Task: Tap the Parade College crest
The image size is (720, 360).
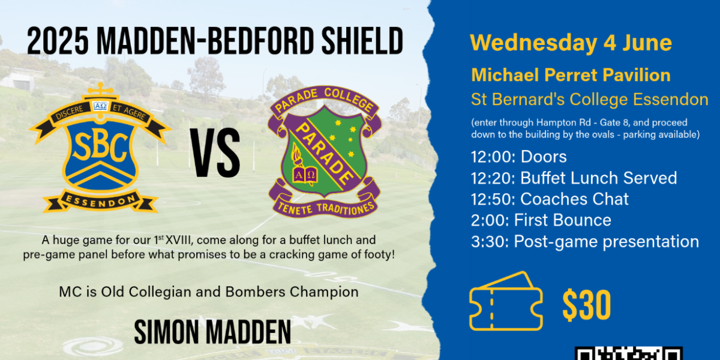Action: click(325, 152)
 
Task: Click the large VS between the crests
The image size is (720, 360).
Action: click(215, 152)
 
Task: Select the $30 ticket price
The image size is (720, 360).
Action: click(586, 305)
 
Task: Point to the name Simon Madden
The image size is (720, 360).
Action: click(212, 332)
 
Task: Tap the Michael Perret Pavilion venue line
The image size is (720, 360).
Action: click(571, 76)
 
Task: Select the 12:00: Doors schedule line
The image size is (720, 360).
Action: click(519, 157)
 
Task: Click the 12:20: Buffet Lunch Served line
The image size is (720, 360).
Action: click(574, 178)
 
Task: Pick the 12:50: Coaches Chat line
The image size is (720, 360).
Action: click(550, 199)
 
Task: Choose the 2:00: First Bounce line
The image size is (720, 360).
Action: click(541, 221)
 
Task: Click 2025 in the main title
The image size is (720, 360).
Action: click(58, 41)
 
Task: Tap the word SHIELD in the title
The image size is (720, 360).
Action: click(362, 41)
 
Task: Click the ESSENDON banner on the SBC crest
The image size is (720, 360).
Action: click(100, 202)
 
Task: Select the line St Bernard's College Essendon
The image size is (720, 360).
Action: click(589, 100)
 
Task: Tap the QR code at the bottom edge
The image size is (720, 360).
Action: click(628, 353)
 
